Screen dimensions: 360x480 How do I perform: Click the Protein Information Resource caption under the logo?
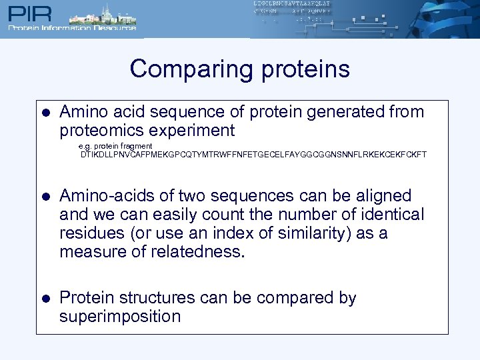[x=72, y=28]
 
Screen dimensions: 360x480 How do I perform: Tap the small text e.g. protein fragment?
[x=115, y=146]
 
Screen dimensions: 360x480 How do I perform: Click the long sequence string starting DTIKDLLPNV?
[x=253, y=155]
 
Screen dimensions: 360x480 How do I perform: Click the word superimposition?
[x=120, y=316]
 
